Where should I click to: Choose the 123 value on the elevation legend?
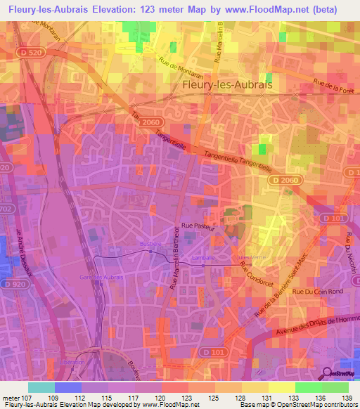click(x=188, y=399)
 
